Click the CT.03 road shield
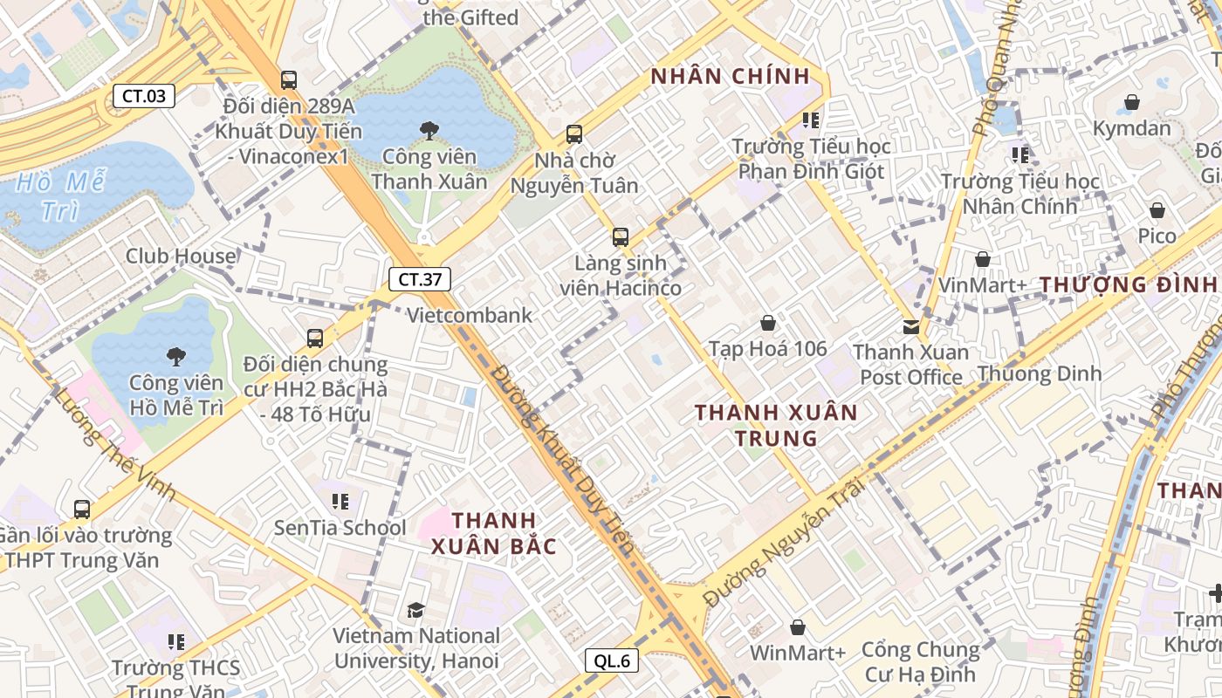(x=144, y=96)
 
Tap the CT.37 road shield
(x=420, y=279)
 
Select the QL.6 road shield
(x=612, y=660)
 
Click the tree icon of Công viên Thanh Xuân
(x=429, y=131)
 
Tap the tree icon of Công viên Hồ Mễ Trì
(x=175, y=356)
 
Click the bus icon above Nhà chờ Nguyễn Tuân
(x=574, y=134)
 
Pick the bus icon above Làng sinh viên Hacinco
(x=621, y=236)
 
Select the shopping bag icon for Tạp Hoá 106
(x=768, y=323)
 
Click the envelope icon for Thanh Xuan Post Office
(x=911, y=326)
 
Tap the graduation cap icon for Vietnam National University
(x=415, y=610)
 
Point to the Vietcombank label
(x=470, y=315)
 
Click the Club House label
(x=181, y=256)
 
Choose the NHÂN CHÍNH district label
(x=731, y=77)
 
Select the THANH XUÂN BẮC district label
(x=493, y=533)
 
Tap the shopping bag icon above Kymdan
(x=1132, y=102)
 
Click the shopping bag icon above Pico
(x=1157, y=210)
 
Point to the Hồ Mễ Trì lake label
(x=61, y=196)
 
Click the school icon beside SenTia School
(x=340, y=502)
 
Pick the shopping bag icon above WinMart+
(x=798, y=626)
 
